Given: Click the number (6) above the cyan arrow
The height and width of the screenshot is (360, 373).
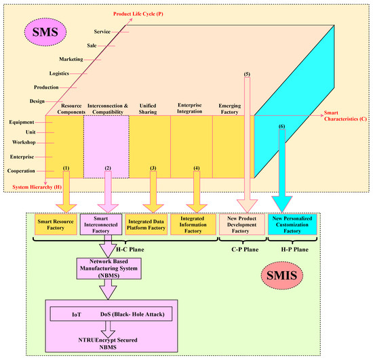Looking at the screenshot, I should [281, 126].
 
